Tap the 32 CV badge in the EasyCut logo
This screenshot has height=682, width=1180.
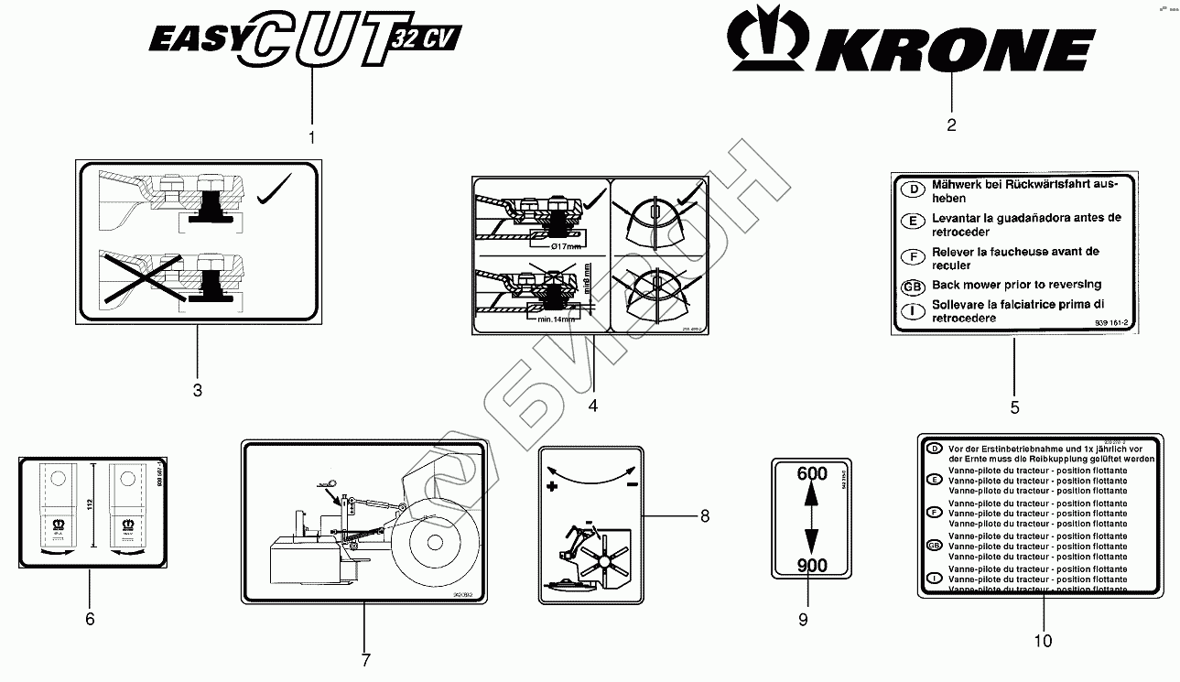click(x=427, y=38)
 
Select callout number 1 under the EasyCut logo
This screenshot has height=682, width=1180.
click(x=311, y=137)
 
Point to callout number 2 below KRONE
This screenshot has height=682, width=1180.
click(x=951, y=125)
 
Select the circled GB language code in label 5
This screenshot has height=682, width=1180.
click(x=911, y=286)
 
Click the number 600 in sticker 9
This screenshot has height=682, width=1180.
click(x=812, y=474)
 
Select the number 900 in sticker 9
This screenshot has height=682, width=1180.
click(x=812, y=565)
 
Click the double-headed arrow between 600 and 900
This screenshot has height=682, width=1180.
click(x=812, y=519)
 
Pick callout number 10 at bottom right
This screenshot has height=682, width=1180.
click(x=1043, y=641)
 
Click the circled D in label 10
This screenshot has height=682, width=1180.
click(x=934, y=449)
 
